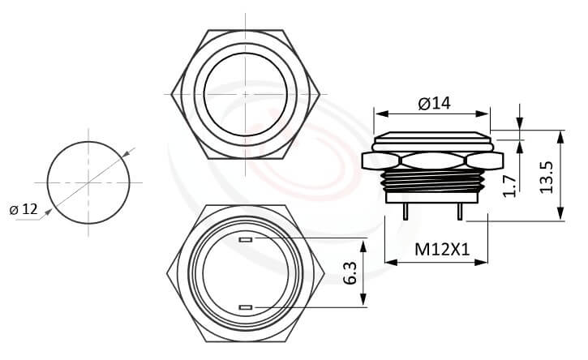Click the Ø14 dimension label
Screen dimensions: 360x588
pyautogui.click(x=434, y=103)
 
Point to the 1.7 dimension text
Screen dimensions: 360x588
pyautogui.click(x=509, y=183)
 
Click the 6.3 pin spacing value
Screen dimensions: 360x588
pyautogui.click(x=350, y=273)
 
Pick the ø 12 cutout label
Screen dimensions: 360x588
pyautogui.click(x=24, y=209)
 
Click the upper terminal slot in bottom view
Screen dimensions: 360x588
pyautogui.click(x=247, y=240)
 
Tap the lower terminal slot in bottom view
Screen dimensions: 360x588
pyautogui.click(x=247, y=306)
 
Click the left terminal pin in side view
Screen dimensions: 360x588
pyautogui.click(x=406, y=209)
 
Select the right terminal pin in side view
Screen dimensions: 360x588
pyautogui.click(x=460, y=209)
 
